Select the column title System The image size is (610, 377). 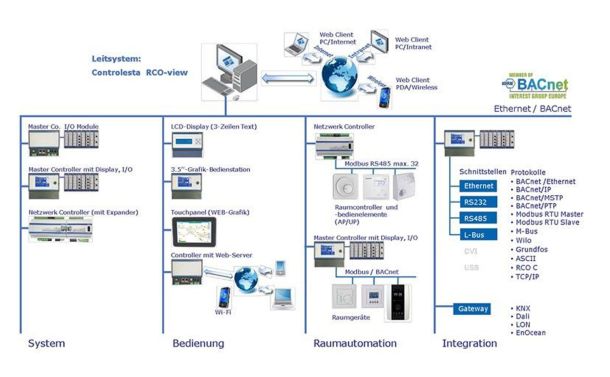tap(47, 344)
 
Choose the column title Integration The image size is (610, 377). tap(469, 344)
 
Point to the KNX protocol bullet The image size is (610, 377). tap(525, 309)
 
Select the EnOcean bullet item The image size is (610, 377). tap(530, 334)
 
